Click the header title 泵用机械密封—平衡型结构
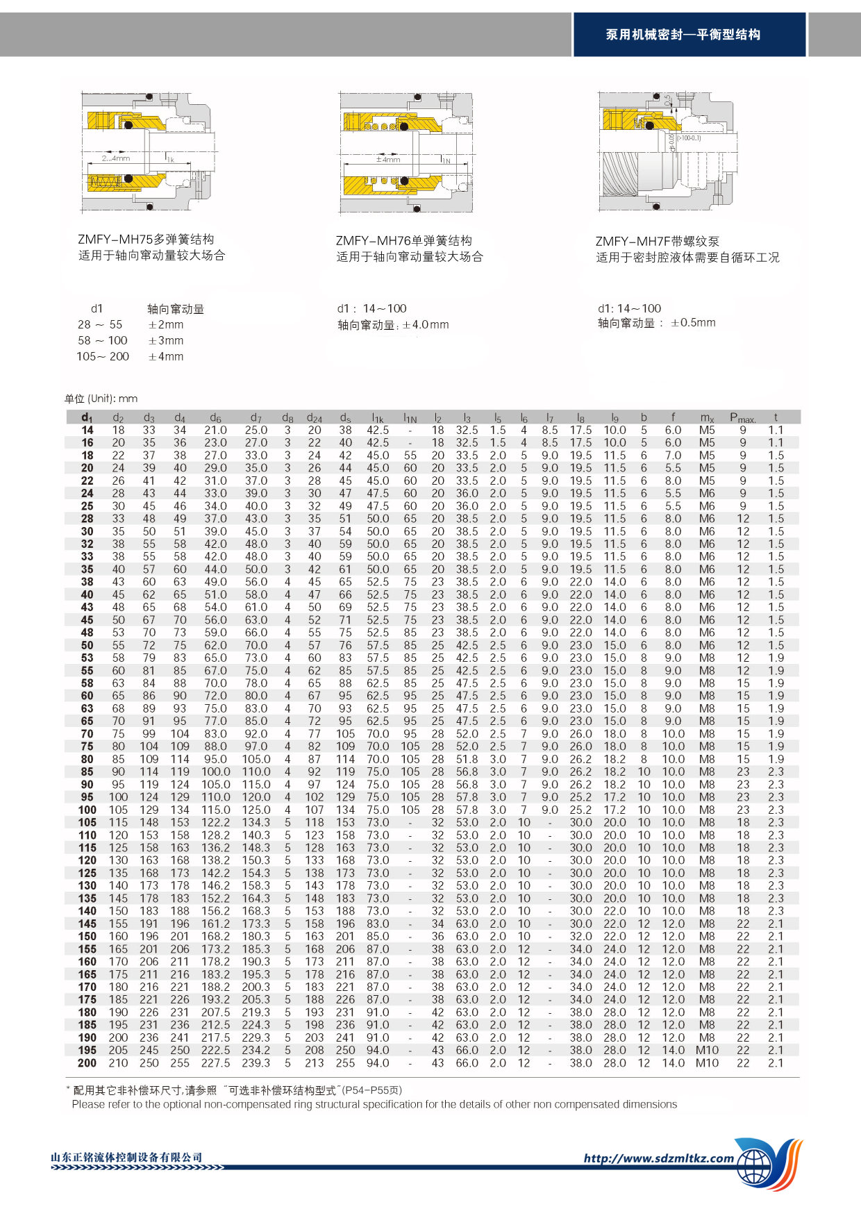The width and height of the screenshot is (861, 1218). click(x=683, y=35)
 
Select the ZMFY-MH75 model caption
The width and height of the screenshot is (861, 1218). click(x=146, y=240)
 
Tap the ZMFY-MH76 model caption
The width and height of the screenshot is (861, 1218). click(x=403, y=241)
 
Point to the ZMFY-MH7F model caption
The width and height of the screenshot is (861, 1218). click(x=657, y=242)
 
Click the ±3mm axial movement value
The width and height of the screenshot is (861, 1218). click(x=166, y=341)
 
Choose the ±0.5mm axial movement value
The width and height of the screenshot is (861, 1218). click(x=693, y=323)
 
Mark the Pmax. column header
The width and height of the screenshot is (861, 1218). click(x=742, y=418)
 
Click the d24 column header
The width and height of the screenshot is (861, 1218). click(x=314, y=418)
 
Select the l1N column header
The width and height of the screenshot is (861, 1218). click(x=410, y=418)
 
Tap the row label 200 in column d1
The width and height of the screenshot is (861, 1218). click(x=87, y=1063)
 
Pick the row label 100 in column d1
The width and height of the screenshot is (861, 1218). click(x=87, y=810)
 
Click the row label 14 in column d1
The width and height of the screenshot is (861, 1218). click(x=87, y=431)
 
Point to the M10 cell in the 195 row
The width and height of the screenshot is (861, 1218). click(x=707, y=1051)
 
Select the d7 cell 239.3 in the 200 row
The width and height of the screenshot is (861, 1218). click(x=256, y=1063)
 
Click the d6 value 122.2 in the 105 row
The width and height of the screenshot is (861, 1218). click(x=215, y=822)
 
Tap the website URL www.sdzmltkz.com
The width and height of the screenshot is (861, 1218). click(x=658, y=1158)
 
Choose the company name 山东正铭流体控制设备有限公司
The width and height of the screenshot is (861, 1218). click(x=126, y=1158)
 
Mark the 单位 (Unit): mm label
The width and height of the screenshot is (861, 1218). click(x=101, y=399)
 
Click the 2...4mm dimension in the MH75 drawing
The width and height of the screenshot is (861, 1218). click(x=116, y=158)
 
